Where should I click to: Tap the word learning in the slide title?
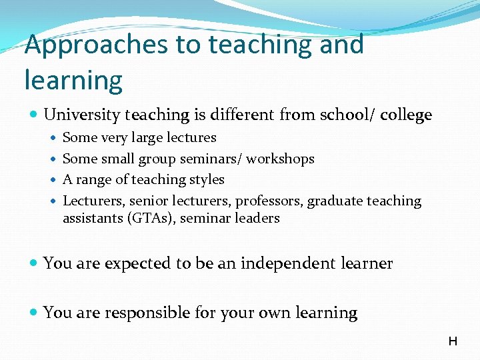[x=73, y=80]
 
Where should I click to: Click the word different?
[x=243, y=115]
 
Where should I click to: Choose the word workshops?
[x=281, y=159]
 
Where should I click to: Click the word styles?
[x=207, y=180]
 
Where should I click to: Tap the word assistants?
[x=91, y=218]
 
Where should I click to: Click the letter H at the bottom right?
[x=453, y=341]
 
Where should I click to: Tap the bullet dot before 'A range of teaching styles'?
[x=53, y=180]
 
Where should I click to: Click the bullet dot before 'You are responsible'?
[x=33, y=313]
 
